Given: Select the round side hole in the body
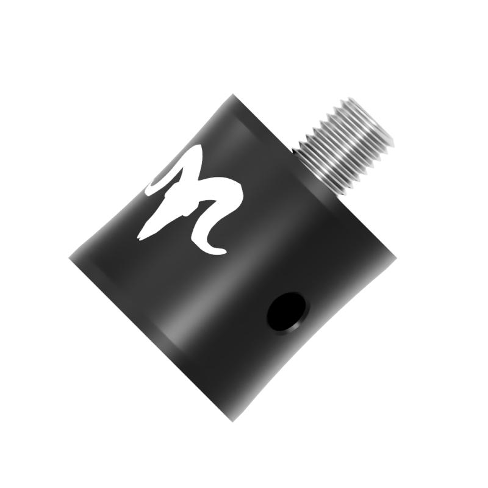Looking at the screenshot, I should click(x=287, y=311).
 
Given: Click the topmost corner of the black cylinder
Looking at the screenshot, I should click(x=232, y=95).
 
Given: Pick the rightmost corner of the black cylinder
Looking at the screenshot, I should click(x=395, y=256).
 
